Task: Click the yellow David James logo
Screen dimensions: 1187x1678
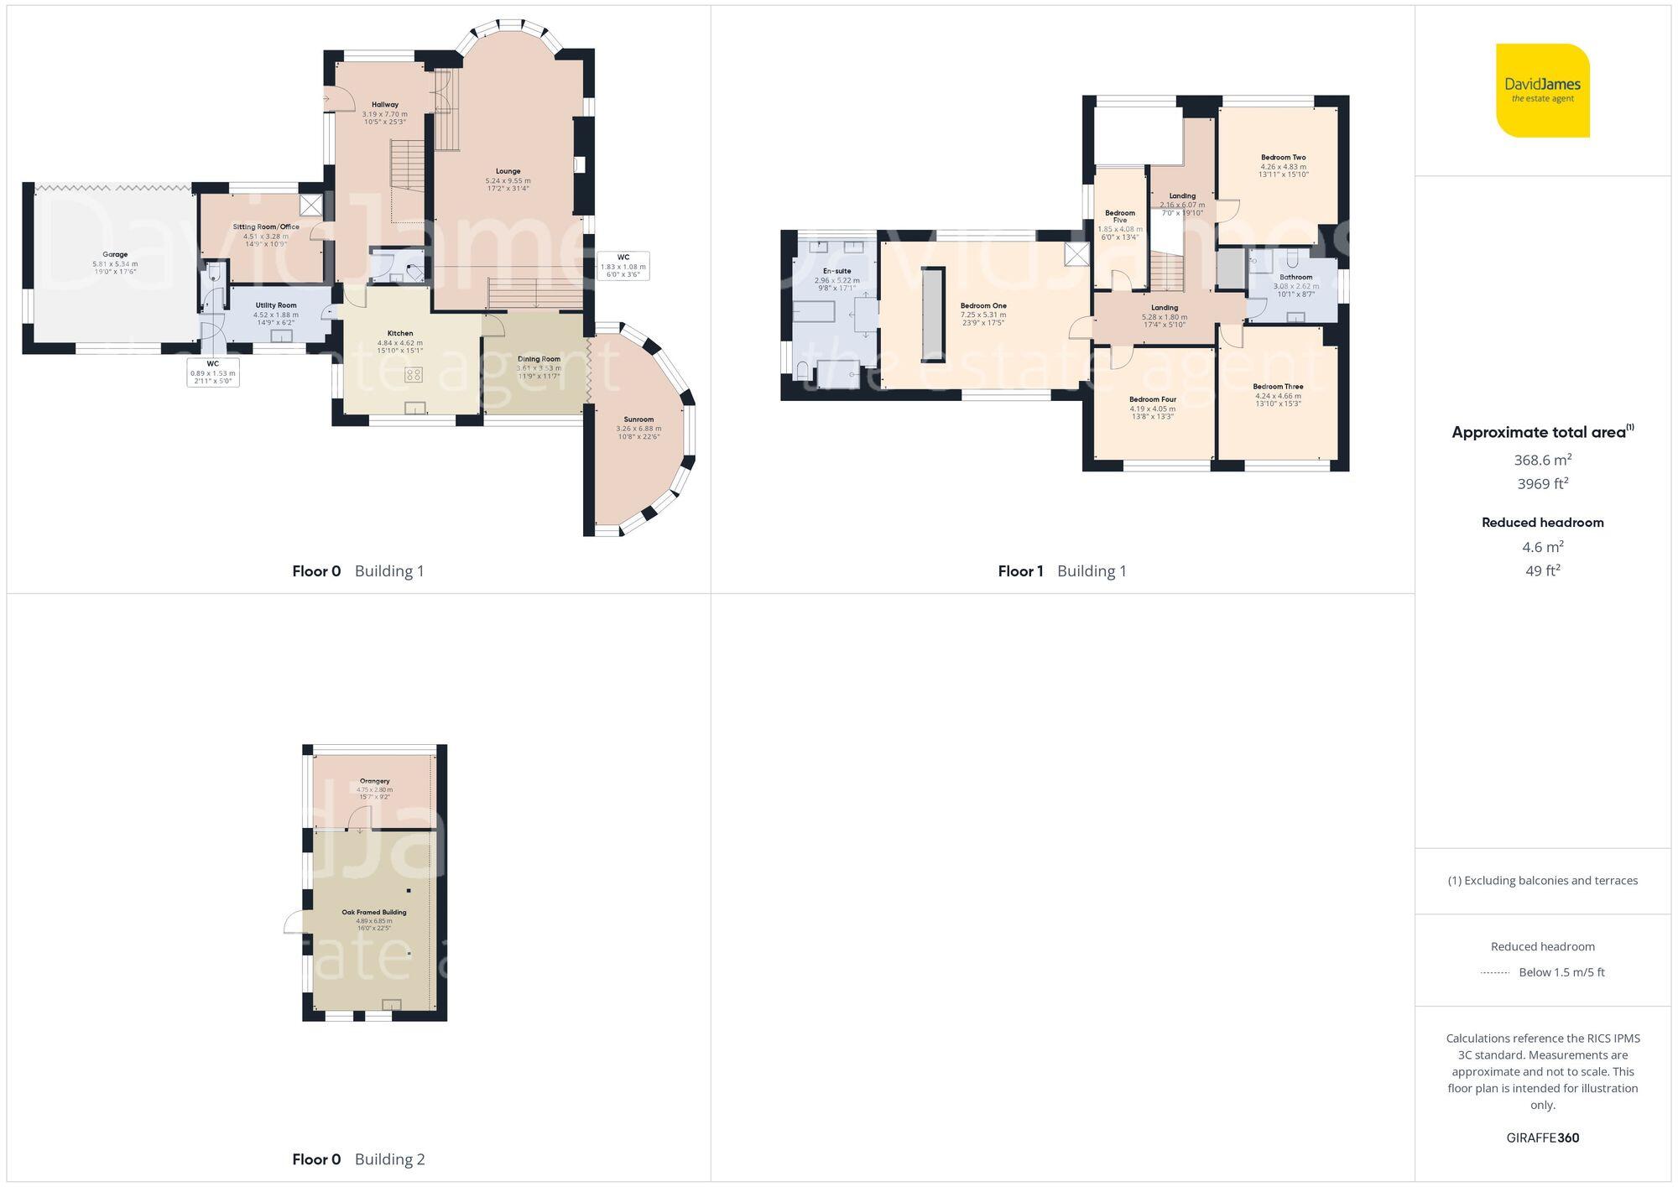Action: pos(1542,90)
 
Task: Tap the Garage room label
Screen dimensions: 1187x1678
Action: pos(115,254)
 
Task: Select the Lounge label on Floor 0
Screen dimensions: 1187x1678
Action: pos(508,171)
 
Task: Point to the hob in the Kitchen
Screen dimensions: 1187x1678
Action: pos(414,375)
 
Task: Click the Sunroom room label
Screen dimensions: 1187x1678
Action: pos(638,419)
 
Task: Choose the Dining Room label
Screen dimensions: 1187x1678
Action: pos(539,359)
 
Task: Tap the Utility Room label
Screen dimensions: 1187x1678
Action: pos(276,305)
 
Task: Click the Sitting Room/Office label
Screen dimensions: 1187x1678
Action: pos(266,226)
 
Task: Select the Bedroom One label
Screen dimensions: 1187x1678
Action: pos(983,305)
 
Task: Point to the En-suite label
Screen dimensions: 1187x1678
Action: pos(836,271)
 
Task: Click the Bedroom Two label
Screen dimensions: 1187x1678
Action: pos(1283,157)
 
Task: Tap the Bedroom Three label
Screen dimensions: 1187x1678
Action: pos(1278,387)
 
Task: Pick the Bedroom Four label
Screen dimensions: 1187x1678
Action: pos(1152,399)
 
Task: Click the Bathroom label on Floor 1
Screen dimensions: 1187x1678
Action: pos(1295,277)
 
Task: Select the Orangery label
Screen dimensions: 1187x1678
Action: pos(374,781)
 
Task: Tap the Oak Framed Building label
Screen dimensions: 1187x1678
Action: pos(373,912)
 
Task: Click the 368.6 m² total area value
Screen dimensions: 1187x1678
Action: pos(1542,460)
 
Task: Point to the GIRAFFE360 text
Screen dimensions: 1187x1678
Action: pos(1542,1138)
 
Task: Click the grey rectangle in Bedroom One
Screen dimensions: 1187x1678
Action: pos(932,315)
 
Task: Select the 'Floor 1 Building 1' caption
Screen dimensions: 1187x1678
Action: pos(1061,571)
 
